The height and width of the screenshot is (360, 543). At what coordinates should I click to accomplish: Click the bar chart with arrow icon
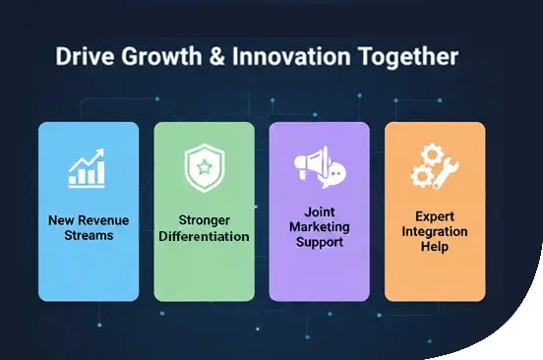(88, 168)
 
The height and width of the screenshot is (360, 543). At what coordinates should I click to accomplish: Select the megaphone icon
(319, 169)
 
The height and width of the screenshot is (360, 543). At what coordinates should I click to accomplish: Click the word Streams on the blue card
(89, 235)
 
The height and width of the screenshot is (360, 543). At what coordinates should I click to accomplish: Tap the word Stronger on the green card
(204, 221)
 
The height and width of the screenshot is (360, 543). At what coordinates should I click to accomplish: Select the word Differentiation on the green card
(204, 237)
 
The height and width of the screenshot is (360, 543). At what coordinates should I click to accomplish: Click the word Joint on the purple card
(319, 210)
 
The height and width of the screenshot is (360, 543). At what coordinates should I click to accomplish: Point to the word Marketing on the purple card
(319, 225)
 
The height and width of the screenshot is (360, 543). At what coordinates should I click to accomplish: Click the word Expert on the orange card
(434, 215)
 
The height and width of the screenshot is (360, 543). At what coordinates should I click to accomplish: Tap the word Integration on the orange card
(434, 231)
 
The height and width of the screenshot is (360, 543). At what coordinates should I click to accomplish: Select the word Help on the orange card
(434, 246)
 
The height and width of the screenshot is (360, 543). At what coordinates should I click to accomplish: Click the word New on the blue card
(59, 220)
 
